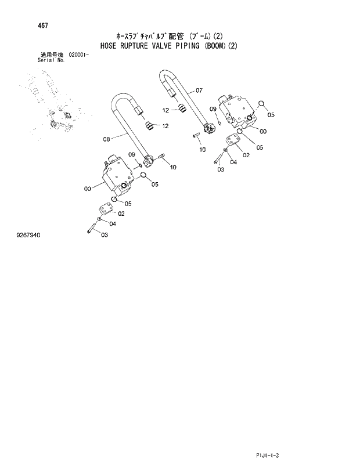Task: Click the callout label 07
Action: tap(199, 90)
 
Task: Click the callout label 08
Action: tap(106, 139)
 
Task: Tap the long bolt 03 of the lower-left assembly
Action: tap(92, 226)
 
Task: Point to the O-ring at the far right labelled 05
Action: tap(261, 104)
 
